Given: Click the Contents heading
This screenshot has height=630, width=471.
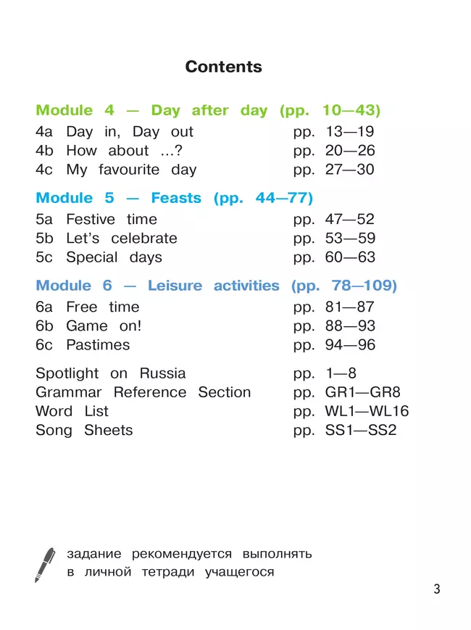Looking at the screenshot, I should click(x=223, y=67).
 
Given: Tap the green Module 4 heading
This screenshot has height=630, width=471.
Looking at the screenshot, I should click(x=208, y=111).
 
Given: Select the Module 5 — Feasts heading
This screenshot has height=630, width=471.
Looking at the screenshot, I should click(x=174, y=198).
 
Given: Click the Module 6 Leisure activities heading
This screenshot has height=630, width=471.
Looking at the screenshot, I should click(x=216, y=286).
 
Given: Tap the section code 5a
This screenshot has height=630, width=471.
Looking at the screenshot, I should click(x=45, y=220).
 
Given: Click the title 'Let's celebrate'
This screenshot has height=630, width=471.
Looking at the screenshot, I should click(x=121, y=239).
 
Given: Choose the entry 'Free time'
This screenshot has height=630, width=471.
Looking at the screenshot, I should click(x=102, y=307).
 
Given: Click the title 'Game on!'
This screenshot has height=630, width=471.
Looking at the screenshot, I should click(x=104, y=326).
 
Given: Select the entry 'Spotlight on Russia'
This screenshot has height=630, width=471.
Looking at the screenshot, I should click(x=110, y=374).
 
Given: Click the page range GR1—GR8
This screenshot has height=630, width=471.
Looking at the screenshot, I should click(x=359, y=393).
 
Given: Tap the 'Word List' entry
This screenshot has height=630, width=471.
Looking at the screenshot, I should click(x=72, y=412).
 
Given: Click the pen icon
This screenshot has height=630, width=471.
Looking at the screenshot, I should click(x=45, y=565).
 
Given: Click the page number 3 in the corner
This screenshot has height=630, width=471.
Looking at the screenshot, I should click(x=436, y=589).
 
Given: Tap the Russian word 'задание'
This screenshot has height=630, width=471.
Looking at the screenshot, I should click(x=93, y=555).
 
